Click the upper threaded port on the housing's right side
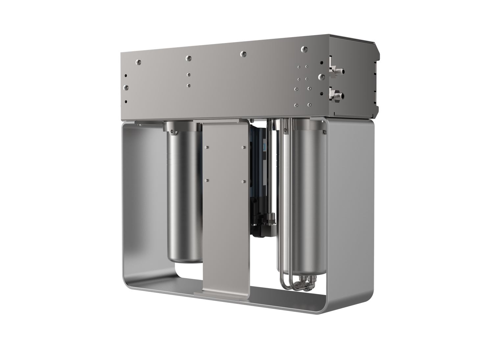point(337,70)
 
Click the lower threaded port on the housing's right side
point(337,96)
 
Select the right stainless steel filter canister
point(307,197)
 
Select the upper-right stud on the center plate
point(243,147)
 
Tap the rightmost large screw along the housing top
point(304,49)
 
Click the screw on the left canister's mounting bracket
point(172,133)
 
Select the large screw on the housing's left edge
point(125,88)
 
